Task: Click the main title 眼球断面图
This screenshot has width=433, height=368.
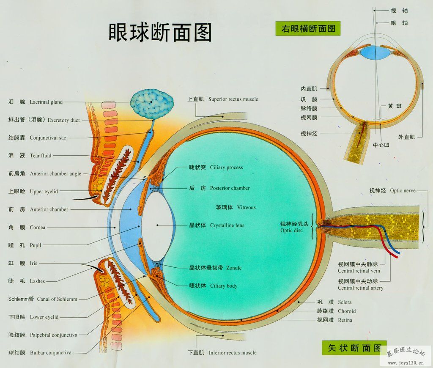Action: (160, 33)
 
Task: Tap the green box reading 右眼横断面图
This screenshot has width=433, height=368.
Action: (308, 28)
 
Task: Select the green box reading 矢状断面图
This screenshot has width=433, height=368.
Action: (354, 348)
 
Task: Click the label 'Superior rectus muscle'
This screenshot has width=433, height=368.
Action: (233, 99)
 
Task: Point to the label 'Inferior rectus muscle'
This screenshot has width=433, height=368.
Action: (233, 353)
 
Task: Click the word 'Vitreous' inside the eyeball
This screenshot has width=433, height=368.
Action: (247, 208)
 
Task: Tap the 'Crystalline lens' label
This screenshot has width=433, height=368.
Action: (227, 225)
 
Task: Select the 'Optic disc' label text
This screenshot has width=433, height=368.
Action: (291, 231)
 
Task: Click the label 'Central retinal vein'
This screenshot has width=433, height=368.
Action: (359, 271)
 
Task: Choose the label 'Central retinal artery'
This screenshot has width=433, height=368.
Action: (360, 288)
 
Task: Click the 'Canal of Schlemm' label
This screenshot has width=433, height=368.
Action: (57, 299)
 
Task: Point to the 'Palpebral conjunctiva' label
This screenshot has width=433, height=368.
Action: (54, 335)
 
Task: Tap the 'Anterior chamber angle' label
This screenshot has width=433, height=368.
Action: (55, 174)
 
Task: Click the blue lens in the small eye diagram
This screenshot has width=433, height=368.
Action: (374, 53)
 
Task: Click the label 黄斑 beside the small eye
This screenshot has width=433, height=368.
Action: (395, 106)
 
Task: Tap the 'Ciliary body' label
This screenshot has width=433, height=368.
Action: (224, 286)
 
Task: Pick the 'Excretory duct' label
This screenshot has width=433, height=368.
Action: (63, 120)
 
